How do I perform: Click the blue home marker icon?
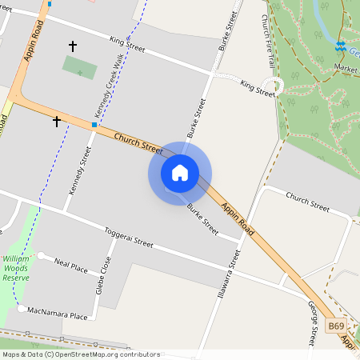[180, 173]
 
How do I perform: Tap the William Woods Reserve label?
[16, 268]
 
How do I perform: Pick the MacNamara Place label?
[57, 316]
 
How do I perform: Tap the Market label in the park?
[346, 70]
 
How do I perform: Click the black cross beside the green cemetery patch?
[73, 46]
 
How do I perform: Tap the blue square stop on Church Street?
[94, 125]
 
